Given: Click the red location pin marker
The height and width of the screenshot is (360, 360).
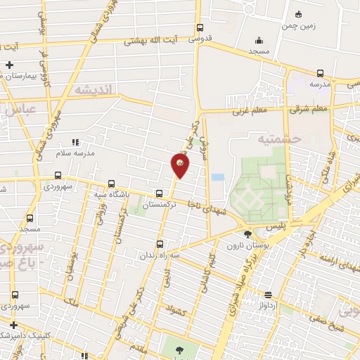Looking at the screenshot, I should [x=180, y=165].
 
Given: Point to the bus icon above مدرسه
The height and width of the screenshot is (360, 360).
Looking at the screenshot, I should [x=321, y=72].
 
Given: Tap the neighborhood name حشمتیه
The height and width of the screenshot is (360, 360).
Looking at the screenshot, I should [x=281, y=139].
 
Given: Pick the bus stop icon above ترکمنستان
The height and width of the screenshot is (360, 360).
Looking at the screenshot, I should [x=160, y=193].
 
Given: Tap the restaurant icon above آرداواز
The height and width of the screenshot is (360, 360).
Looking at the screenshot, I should [x=267, y=295].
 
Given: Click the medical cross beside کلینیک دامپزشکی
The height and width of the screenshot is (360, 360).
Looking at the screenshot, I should [x=12, y=325].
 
